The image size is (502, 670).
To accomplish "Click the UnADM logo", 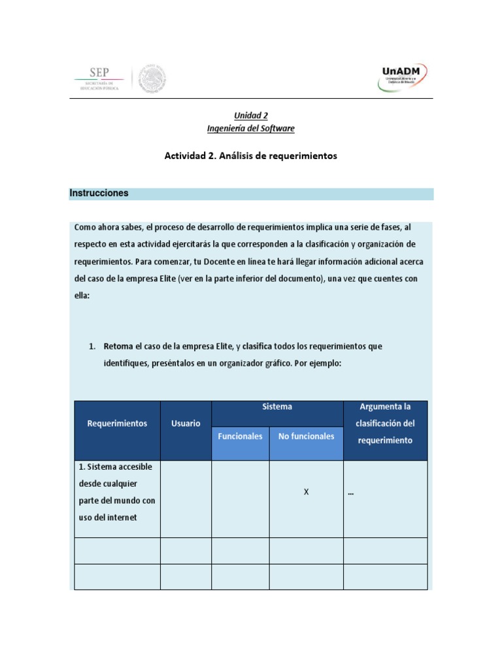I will coord(403,77).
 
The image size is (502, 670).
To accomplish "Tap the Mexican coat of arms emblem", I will coord(152,79).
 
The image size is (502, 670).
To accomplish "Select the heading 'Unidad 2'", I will coord(251,115).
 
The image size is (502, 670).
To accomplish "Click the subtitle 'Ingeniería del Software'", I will coord(251,128).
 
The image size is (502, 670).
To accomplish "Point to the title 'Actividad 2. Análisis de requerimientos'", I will coord(251,156).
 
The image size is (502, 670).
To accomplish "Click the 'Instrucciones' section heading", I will coord(99,193).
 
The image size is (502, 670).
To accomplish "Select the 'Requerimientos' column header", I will coord(117,423).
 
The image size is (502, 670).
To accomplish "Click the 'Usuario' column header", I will coord(186,423).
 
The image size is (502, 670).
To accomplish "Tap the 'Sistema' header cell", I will coord(277,407).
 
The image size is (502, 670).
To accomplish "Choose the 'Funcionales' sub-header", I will coord(240,436).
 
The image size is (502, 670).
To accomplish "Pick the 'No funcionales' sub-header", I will coord(306,436).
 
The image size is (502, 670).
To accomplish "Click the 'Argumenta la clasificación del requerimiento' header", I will coord(385,423).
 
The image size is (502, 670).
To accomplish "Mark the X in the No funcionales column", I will coord(306,492).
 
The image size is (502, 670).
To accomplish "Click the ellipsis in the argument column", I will coord(351,494).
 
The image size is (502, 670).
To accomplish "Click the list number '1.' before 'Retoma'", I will coord(93,346).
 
